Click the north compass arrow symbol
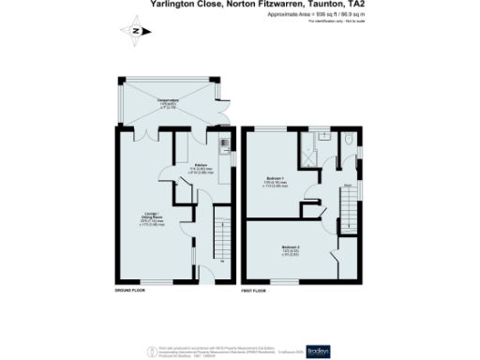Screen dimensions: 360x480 pos(137,32)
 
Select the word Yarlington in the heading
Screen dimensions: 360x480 pos(172,5)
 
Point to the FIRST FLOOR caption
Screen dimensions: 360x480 pos(254,292)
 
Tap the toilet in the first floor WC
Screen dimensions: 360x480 pos(346,142)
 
